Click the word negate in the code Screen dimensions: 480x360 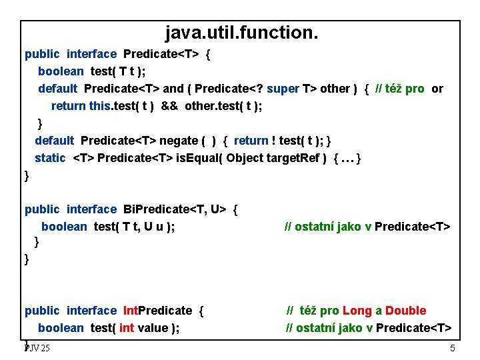[179, 141]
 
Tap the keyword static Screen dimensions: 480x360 [50, 158]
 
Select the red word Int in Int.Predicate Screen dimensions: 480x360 [132, 311]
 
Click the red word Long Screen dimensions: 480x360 [357, 311]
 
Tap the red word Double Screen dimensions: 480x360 [405, 311]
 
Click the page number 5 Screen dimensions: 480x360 [453, 349]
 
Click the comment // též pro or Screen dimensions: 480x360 [409, 89]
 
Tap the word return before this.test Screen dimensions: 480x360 [68, 106]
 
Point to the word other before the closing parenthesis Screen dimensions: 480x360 [335, 89]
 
